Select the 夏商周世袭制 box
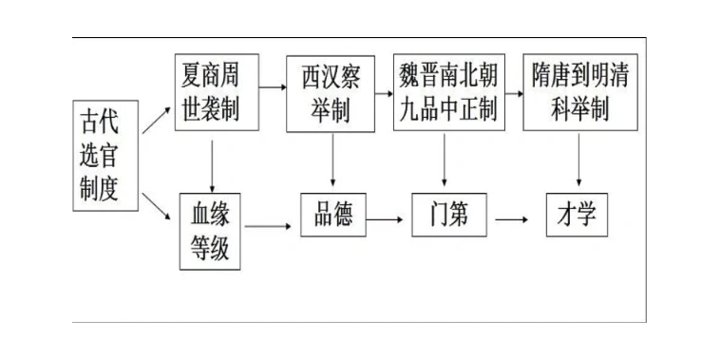pyautogui.click(x=211, y=92)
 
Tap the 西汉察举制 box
pyautogui.click(x=331, y=93)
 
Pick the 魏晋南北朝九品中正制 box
pyautogui.click(x=446, y=93)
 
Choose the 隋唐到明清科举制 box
pyautogui.click(x=578, y=93)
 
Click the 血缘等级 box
pyautogui.click(x=211, y=229)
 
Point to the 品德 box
pyautogui.click(x=332, y=217)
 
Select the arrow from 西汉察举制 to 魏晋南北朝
pyautogui.click(x=383, y=93)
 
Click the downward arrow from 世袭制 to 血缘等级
pyautogui.click(x=211, y=161)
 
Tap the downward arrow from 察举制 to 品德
pyautogui.click(x=332, y=160)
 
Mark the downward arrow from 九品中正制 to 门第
pyautogui.click(x=445, y=160)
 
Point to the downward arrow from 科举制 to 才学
pyautogui.click(x=578, y=160)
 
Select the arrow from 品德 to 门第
pyautogui.click(x=385, y=218)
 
